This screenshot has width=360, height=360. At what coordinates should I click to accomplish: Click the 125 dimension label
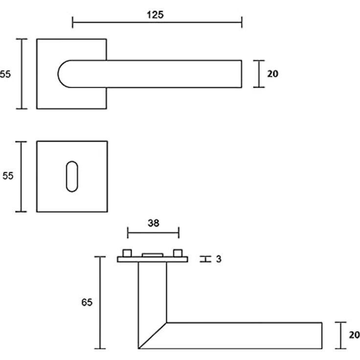(x=155, y=15)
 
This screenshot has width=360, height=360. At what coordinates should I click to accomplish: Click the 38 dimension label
(x=154, y=223)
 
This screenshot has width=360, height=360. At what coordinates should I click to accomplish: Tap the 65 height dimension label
(x=87, y=302)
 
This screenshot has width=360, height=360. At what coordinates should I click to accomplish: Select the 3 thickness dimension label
(x=219, y=259)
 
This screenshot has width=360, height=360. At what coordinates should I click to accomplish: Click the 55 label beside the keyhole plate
(x=8, y=176)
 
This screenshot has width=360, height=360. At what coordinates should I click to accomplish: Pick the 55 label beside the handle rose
(x=5, y=74)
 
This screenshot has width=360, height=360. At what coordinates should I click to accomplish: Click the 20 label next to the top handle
(x=272, y=74)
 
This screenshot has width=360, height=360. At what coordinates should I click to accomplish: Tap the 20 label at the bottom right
(x=354, y=335)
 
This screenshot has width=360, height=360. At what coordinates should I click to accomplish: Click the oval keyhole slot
(x=72, y=176)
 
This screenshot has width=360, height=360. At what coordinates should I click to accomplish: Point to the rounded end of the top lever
(x=59, y=74)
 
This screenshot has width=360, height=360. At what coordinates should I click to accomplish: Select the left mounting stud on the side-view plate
(x=127, y=253)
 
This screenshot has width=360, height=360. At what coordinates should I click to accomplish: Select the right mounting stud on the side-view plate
(x=178, y=253)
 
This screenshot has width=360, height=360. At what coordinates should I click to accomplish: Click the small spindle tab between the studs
(x=153, y=255)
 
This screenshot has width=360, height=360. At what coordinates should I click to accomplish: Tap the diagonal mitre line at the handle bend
(x=153, y=336)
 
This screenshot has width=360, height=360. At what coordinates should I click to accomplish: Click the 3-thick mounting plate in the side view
(x=153, y=259)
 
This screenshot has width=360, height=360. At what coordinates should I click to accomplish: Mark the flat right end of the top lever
(x=242, y=74)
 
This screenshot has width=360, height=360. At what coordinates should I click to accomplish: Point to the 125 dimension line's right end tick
(x=242, y=22)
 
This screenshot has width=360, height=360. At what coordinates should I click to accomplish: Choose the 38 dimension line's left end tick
(x=128, y=232)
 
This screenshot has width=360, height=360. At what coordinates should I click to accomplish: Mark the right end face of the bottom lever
(x=322, y=336)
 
